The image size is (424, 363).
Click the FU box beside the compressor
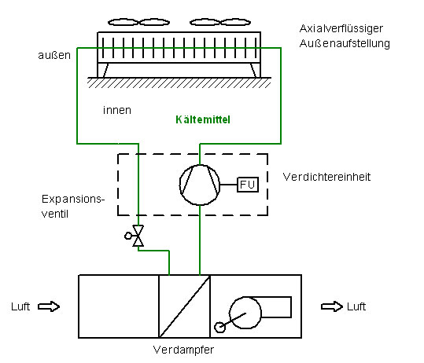(x=248, y=185)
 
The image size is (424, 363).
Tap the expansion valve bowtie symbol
(x=138, y=236)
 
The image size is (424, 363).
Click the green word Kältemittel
(x=203, y=119)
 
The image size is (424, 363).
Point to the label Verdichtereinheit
(x=326, y=177)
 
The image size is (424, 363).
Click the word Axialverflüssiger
(x=341, y=28)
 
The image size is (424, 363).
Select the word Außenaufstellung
(x=345, y=43)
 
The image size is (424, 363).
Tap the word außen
(x=54, y=55)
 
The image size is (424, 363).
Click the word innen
(x=117, y=110)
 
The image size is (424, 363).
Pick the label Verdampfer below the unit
(x=183, y=350)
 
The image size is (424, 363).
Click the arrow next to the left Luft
(x=49, y=306)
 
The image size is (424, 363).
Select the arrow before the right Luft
(x=332, y=306)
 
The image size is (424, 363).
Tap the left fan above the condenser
(x=138, y=22)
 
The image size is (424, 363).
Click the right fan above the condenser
(x=220, y=22)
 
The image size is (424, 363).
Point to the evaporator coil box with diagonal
(x=184, y=306)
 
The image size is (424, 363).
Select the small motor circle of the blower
(x=219, y=328)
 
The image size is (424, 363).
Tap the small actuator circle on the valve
(x=128, y=236)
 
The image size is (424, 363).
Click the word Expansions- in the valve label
(x=73, y=200)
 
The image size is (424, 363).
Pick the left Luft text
(x=20, y=306)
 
